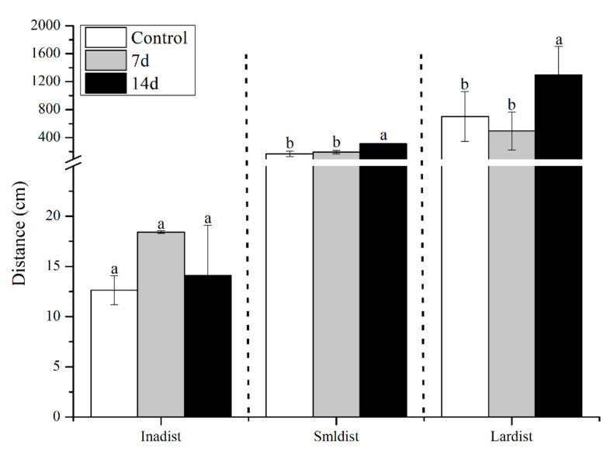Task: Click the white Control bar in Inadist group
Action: (x=114, y=353)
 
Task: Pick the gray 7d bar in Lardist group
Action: (x=511, y=279)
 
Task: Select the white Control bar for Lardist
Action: (x=465, y=271)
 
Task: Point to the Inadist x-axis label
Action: (x=161, y=436)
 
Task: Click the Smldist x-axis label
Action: (x=336, y=436)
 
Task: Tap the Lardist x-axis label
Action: (x=511, y=436)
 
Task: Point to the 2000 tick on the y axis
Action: (x=46, y=26)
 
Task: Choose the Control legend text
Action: (x=159, y=38)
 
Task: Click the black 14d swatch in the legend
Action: (x=104, y=82)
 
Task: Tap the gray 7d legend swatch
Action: (x=104, y=60)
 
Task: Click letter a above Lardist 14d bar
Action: (x=558, y=40)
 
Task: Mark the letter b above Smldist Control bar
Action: (x=289, y=143)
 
